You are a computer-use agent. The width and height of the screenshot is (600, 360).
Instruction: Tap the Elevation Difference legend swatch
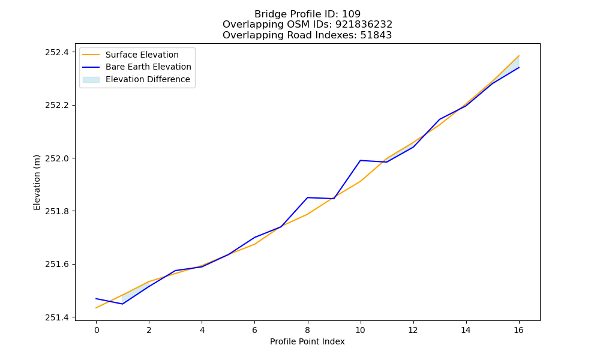91,80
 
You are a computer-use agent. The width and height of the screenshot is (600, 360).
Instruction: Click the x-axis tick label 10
360,330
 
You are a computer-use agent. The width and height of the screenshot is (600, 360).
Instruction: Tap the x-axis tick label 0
96,330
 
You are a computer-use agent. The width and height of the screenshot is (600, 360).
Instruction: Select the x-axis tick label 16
518,330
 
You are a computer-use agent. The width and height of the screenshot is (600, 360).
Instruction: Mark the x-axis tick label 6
254,330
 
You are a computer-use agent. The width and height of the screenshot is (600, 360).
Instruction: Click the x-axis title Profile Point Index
307,341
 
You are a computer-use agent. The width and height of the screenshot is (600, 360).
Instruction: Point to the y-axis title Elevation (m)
37,182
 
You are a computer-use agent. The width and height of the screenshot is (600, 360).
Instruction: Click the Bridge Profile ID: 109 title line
307,14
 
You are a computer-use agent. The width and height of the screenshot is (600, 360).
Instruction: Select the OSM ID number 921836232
364,25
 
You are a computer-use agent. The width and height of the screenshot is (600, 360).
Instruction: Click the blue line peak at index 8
307,197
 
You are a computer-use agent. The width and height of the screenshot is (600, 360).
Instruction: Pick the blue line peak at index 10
360,160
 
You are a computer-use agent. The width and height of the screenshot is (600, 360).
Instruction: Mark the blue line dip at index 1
122,304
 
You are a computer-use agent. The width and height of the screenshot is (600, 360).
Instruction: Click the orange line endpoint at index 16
519,56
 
